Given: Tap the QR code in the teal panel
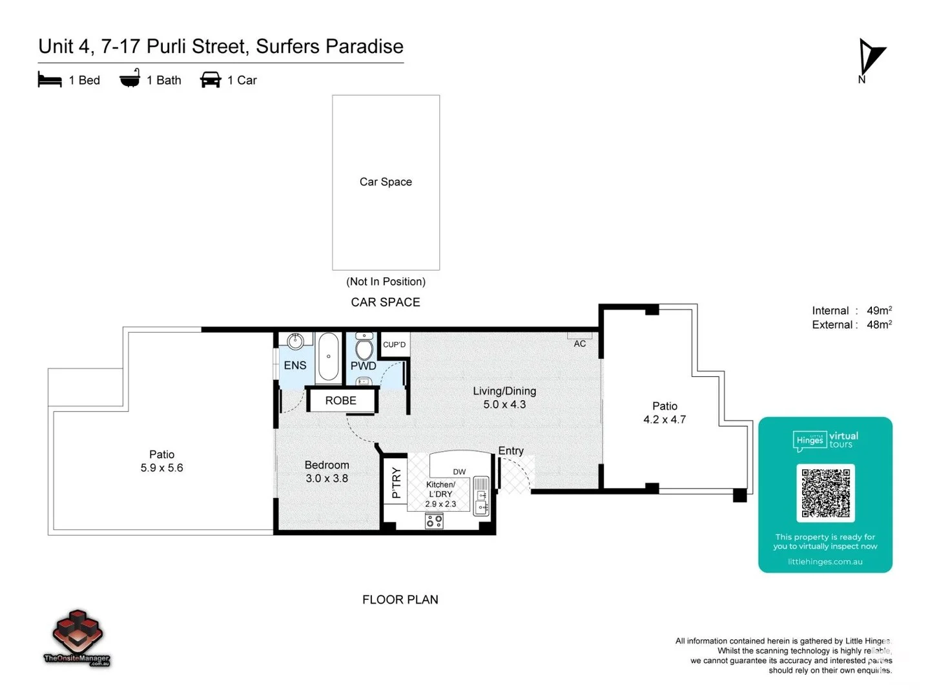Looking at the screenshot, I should click(825, 492).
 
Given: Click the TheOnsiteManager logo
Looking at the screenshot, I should click(77, 637).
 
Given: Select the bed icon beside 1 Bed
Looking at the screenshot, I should click(50, 80).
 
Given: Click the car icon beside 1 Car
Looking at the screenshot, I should click(211, 79).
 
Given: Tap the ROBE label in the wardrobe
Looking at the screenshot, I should click(340, 401).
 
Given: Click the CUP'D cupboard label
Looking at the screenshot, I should click(394, 344).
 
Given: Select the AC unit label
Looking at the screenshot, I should click(579, 344).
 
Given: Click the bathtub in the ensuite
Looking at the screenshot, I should click(329, 357).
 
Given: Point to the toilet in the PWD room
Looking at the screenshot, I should click(364, 347).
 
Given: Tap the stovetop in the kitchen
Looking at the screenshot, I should click(434, 521).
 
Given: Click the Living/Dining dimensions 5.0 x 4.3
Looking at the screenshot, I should click(504, 405).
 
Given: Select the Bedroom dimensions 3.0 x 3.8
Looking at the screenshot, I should click(327, 478).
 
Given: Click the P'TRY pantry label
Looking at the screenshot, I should click(396, 483).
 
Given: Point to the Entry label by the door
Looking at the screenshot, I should click(510, 451).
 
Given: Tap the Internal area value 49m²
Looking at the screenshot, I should click(879, 311).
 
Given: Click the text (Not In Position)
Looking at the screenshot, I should click(386, 282).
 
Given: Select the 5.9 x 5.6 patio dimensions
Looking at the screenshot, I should click(161, 468).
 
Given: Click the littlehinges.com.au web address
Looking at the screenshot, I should click(825, 562).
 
